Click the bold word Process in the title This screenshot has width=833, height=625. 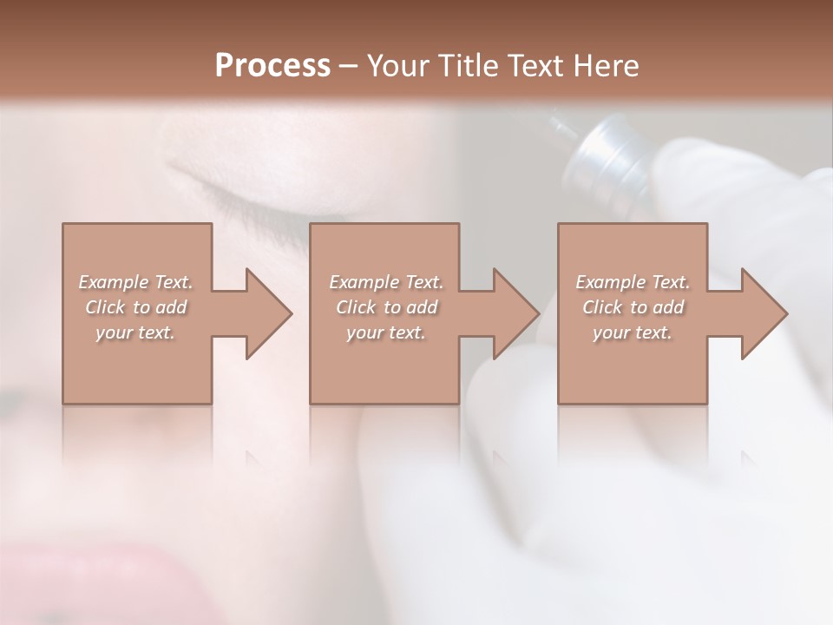coord(272,65)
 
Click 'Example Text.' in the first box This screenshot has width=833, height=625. coord(135,282)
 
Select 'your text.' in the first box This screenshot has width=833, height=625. coord(135,332)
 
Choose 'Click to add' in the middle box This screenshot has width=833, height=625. coord(385,307)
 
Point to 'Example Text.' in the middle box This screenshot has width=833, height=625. coord(385,282)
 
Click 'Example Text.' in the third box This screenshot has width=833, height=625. coord(633,282)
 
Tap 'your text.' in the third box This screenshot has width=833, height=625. coord(633,332)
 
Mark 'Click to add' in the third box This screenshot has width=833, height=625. coord(633,307)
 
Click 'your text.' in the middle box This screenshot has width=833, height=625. coord(385,332)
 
